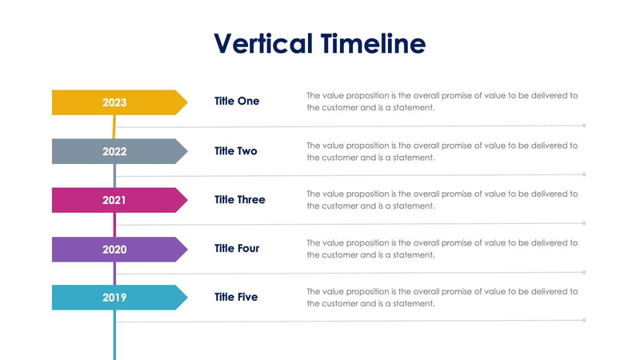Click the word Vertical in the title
pyautogui.click(x=263, y=43)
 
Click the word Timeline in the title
pyautogui.click(x=372, y=43)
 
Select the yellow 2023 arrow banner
pyautogui.click(x=114, y=102)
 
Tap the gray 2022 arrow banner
pyautogui.click(x=114, y=151)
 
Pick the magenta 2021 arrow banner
pyautogui.click(x=114, y=200)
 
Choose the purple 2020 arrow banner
pyautogui.click(x=114, y=249)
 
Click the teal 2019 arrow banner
pyautogui.click(x=114, y=298)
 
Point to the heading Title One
pyautogui.click(x=237, y=102)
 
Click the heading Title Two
pyautogui.click(x=236, y=150)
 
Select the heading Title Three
pyautogui.click(x=240, y=199)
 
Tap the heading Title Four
pyautogui.click(x=237, y=248)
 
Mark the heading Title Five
pyautogui.click(x=236, y=297)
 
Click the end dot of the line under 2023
pyautogui.click(x=584, y=126)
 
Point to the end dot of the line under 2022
pyautogui.click(x=584, y=174)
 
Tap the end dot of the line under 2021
pyautogui.click(x=584, y=223)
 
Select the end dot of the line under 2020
pyautogui.click(x=584, y=272)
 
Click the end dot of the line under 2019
pyautogui.click(x=584, y=320)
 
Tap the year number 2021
pyautogui.click(x=114, y=200)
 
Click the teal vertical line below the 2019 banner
pyautogui.click(x=114, y=336)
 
